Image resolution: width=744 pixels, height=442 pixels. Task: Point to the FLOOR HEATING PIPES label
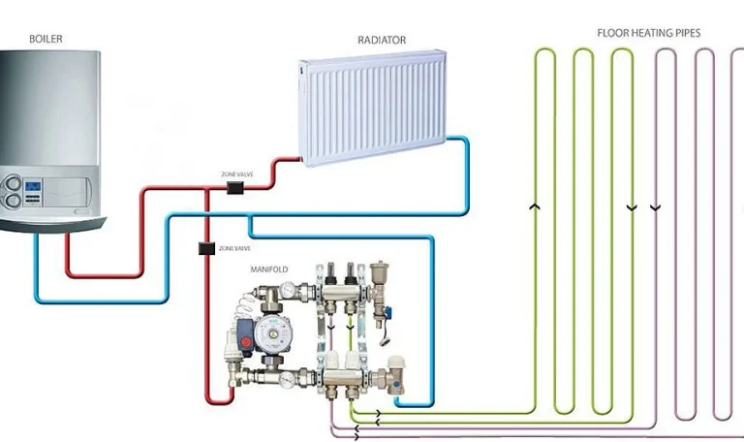click(x=648, y=32)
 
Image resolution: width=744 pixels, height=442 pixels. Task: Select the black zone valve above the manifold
click(x=206, y=249)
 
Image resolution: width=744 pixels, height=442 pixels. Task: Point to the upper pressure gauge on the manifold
click(x=288, y=290)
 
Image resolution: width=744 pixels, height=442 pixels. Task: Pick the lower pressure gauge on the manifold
click(x=289, y=379)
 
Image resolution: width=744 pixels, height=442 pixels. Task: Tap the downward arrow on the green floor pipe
click(x=632, y=205)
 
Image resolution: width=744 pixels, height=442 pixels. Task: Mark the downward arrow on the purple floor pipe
click(x=658, y=205)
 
